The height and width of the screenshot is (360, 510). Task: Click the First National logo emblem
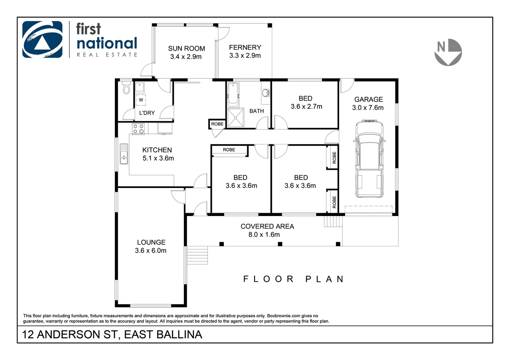coord(42,39)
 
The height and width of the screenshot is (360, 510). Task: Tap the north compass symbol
coord(448,52)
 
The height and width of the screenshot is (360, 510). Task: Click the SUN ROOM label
coord(186,49)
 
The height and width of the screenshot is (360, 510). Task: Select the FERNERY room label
coord(245,48)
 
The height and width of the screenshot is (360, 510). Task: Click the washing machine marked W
coord(141,100)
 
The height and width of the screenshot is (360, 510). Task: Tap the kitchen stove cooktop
coord(138,129)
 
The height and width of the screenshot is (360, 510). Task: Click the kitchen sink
coord(124,154)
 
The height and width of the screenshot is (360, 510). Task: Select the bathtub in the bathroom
coord(232,94)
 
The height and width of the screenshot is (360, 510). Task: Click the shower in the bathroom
coord(235,118)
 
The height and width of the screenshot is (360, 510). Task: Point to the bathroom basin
coord(266,92)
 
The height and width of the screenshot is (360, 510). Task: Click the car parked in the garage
coord(369,159)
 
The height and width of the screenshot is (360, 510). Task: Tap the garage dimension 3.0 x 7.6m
coord(368,108)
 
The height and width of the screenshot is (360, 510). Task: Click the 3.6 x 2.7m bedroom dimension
coord(306,107)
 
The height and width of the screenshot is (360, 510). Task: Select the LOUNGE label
coord(151,242)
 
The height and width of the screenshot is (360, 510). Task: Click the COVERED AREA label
coord(267,226)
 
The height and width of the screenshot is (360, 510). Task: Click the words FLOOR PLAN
coord(293,279)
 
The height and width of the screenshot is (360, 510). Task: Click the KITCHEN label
coord(157,150)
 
